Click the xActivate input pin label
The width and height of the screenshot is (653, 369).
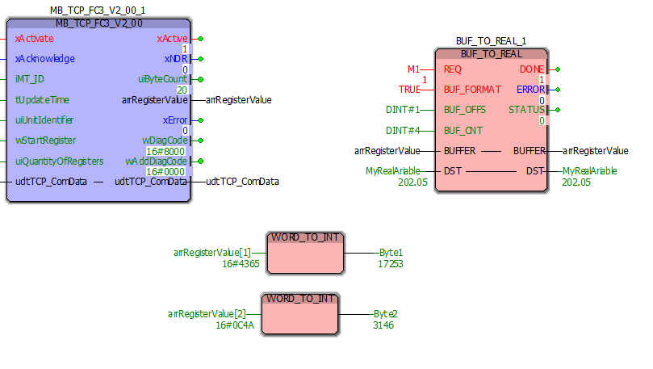coord(34,38)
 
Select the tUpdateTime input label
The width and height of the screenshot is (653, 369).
coord(42,100)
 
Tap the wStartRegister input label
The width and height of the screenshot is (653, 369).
coord(46,140)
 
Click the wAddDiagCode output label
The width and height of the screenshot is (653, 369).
coord(157,161)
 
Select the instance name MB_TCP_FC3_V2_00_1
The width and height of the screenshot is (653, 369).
coord(98,10)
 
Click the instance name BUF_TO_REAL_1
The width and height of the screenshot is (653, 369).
coord(491,41)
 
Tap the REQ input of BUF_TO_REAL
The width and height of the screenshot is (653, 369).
coord(453,69)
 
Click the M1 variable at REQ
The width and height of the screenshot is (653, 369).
coord(414,69)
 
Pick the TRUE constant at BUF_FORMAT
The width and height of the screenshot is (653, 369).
coord(410,90)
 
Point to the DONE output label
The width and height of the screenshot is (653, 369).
coord(533,69)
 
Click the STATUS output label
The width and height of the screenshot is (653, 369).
coord(527,110)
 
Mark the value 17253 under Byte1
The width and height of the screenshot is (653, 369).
coord(391,263)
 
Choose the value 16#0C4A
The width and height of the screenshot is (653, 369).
coord(235,325)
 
